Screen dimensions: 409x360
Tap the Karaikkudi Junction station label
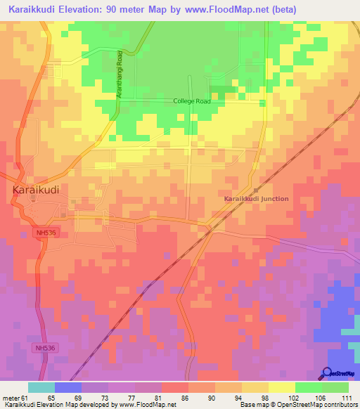256,199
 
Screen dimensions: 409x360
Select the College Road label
192,101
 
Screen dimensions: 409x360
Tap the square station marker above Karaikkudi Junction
256,190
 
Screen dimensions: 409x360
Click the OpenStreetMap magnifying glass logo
328,373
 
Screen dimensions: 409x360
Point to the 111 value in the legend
345,397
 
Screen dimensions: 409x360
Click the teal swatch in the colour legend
41,387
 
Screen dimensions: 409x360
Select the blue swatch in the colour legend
67,387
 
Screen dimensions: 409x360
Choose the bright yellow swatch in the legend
281,387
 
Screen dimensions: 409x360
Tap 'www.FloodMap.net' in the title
226,9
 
